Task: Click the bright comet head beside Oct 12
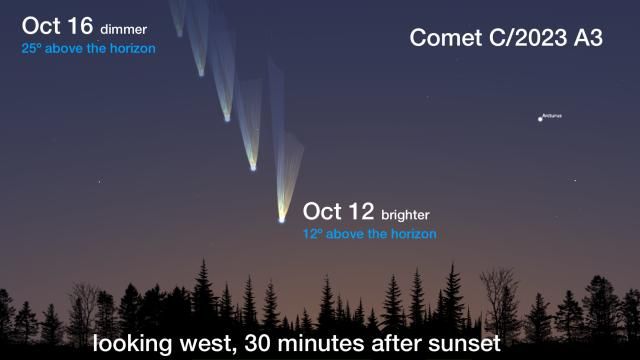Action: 282,215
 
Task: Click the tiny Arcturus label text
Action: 552,115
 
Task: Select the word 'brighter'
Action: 410,215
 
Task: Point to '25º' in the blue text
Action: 31,47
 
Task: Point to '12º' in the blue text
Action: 312,234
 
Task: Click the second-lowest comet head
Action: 253,166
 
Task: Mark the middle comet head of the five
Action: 227,118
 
